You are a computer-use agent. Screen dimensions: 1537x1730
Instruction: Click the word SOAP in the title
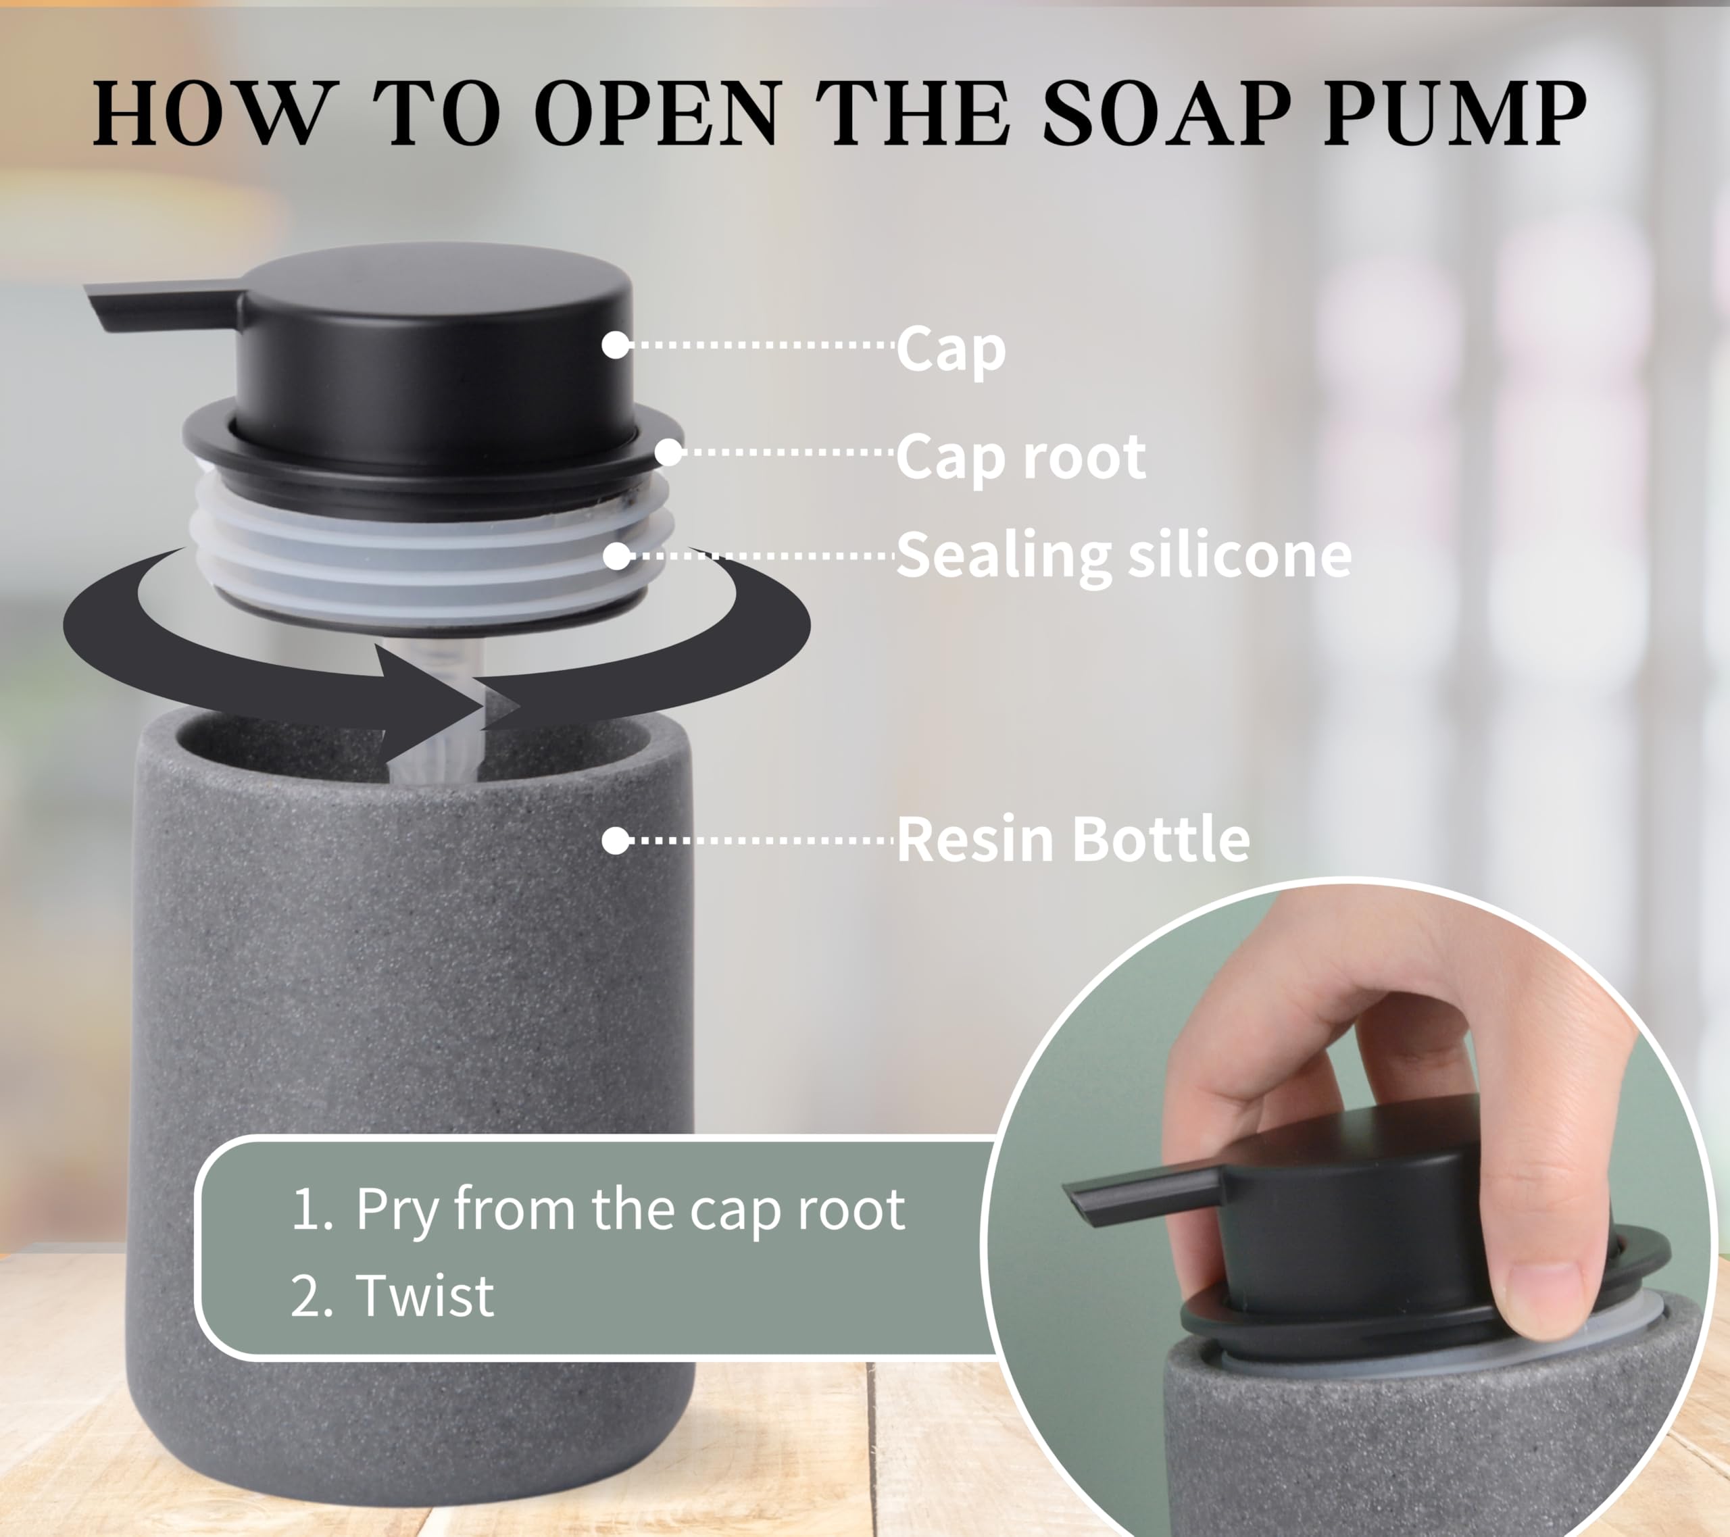(1167, 114)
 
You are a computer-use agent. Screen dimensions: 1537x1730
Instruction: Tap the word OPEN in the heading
(657, 114)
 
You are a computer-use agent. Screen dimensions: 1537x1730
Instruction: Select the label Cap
(950, 349)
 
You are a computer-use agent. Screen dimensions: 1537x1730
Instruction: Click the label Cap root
(1020, 457)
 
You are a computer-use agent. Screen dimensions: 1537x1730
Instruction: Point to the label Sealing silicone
(1123, 555)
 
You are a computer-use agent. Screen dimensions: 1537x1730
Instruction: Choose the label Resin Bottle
(1072, 840)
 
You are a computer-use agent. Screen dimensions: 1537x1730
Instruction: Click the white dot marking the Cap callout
(616, 345)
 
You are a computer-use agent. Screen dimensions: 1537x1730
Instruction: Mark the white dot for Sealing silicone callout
(617, 556)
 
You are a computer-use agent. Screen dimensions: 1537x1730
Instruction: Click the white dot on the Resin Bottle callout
(616, 840)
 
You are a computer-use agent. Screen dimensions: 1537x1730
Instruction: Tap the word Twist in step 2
(425, 1296)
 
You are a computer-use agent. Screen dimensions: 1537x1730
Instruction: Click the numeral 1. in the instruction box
(312, 1210)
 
